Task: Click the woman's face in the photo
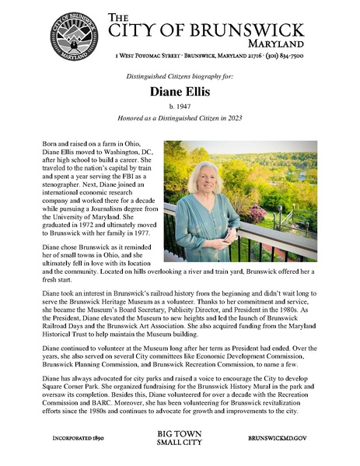(x=204, y=178)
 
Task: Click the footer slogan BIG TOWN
(x=179, y=433)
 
